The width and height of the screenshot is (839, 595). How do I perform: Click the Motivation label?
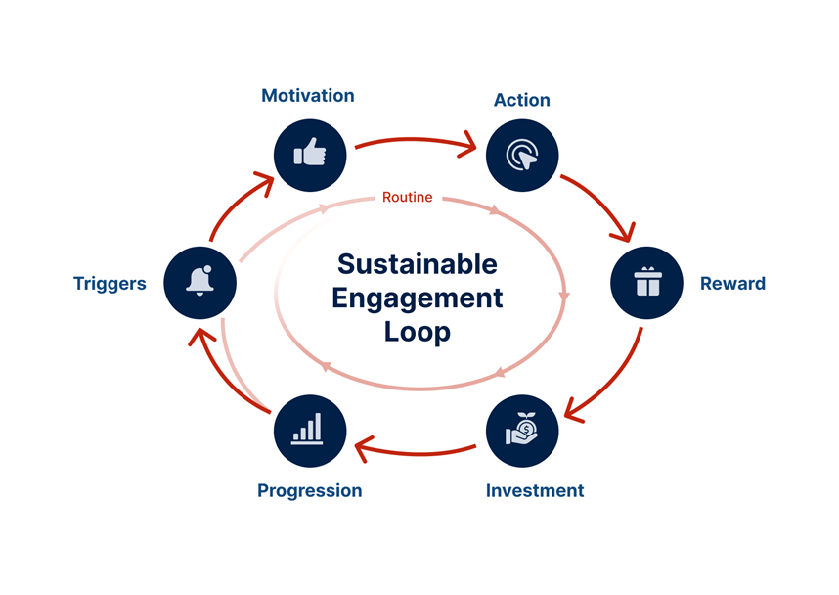[x=307, y=96]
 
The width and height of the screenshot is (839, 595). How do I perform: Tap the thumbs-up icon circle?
[x=310, y=155]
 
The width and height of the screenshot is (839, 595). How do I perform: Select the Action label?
[x=521, y=100]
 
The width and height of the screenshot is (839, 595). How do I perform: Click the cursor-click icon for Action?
[x=521, y=155]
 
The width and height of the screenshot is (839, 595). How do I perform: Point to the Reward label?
[x=732, y=284]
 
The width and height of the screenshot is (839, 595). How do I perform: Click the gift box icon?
[x=647, y=283]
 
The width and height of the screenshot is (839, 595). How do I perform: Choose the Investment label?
[x=535, y=490]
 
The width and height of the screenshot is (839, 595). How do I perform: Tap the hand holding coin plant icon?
[x=522, y=431]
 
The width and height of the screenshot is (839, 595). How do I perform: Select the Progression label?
[x=309, y=490]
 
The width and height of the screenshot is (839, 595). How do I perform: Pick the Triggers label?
[x=110, y=284]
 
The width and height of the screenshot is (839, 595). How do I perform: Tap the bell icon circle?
[x=200, y=282]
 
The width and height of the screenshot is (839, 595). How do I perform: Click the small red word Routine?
[x=407, y=198]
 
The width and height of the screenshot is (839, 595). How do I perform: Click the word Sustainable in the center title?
[x=417, y=264]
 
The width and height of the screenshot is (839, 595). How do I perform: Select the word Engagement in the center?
[x=417, y=297]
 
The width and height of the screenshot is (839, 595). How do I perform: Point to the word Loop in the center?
[x=417, y=331]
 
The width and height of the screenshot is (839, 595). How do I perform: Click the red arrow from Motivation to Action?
[x=416, y=142]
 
